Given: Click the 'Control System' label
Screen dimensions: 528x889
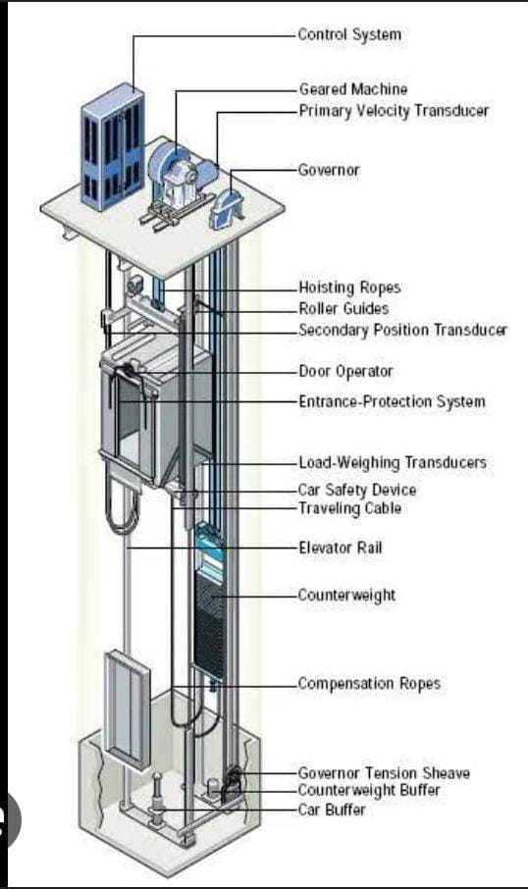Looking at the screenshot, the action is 349,34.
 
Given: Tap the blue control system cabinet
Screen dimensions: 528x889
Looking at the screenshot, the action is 112,147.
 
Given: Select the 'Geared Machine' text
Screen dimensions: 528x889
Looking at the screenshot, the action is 352,89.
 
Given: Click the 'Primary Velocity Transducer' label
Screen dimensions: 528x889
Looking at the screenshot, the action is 394,111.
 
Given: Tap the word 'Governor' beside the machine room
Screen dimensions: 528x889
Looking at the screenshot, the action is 329,170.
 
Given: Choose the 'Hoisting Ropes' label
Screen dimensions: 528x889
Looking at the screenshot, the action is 349,288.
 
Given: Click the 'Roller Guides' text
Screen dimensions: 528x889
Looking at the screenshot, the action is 343,309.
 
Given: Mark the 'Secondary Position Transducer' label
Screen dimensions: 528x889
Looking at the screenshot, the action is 402,330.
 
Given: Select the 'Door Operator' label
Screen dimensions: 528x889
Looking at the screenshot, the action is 345,371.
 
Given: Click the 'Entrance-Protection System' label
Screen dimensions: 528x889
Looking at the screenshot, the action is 392,402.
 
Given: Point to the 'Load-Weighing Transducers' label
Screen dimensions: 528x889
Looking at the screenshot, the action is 393,462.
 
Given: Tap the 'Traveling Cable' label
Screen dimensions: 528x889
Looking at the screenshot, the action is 349,508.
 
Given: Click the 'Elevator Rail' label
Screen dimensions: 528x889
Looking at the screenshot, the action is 341,548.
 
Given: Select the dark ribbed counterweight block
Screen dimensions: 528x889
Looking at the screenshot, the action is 210,621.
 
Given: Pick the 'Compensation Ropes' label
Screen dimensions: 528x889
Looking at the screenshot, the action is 369,683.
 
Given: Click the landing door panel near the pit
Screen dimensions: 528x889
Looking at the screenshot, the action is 127,709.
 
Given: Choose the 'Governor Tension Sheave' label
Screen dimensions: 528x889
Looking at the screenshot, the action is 384,773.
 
